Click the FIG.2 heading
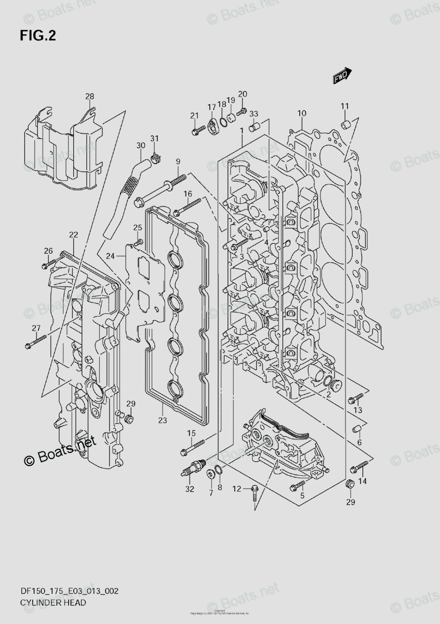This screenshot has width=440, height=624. click(x=37, y=36)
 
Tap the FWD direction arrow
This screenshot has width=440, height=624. click(x=342, y=76)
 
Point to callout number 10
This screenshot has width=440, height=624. click(x=302, y=113)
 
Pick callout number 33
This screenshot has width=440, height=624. click(x=254, y=114)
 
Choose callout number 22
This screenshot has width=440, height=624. click(x=73, y=235)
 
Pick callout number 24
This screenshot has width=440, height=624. click(x=110, y=255)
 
